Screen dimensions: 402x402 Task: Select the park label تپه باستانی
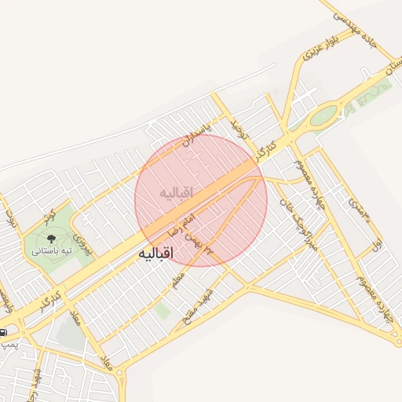[x=52, y=250]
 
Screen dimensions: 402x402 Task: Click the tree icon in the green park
[x=51, y=236]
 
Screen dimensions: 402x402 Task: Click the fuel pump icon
[x=4, y=333]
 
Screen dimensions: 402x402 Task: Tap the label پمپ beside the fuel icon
[x=8, y=344]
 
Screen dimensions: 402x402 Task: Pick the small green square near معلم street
[x=163, y=311]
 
